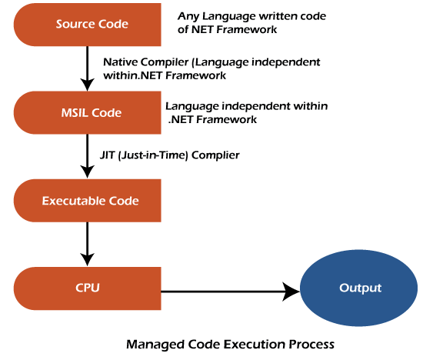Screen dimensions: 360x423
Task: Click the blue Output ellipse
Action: pyautogui.click(x=360, y=289)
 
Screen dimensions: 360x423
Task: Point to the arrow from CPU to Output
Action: pyautogui.click(x=231, y=291)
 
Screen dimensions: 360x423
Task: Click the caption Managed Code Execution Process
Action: pyautogui.click(x=231, y=345)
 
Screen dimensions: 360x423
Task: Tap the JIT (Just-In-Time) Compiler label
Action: pyautogui.click(x=171, y=155)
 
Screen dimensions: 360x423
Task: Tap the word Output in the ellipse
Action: pyautogui.click(x=360, y=289)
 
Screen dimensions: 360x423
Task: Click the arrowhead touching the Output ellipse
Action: pyautogui.click(x=291, y=291)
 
